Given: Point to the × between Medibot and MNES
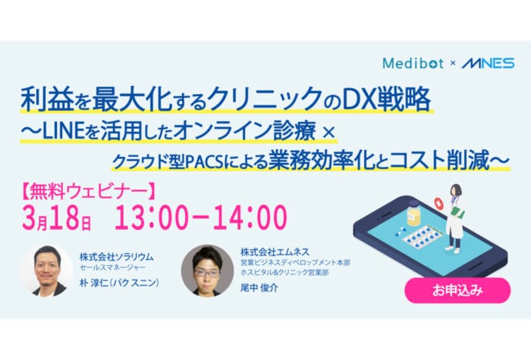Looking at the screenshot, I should coord(454,64).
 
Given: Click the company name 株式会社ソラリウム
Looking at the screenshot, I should coord(118,256).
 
